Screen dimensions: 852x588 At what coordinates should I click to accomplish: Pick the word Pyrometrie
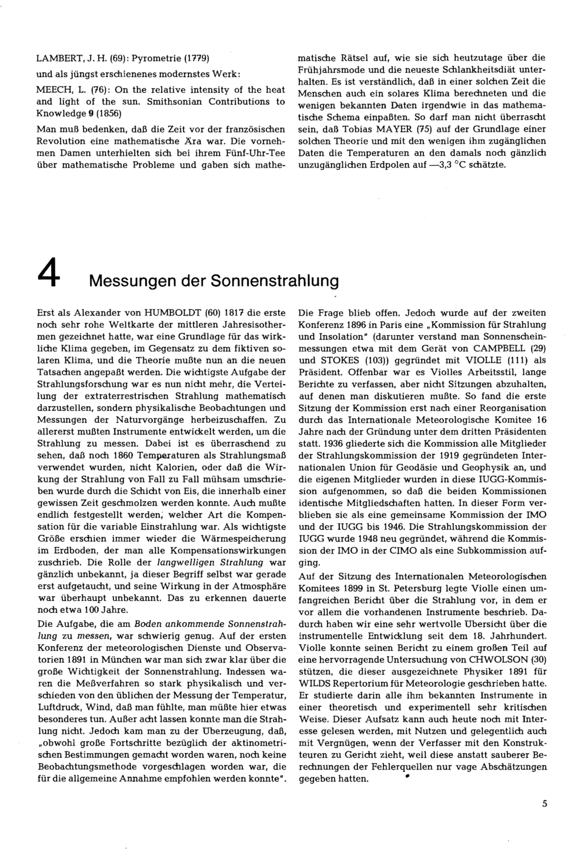point(158,58)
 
